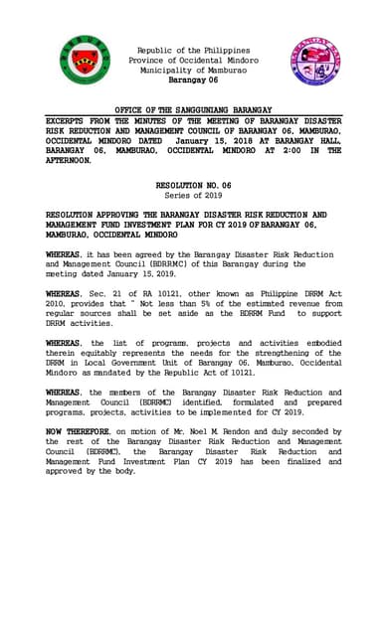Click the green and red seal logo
(x=84, y=61)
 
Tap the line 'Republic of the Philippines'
(x=194, y=50)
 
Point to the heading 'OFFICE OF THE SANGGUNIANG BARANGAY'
(x=194, y=108)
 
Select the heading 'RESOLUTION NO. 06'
(x=194, y=186)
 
